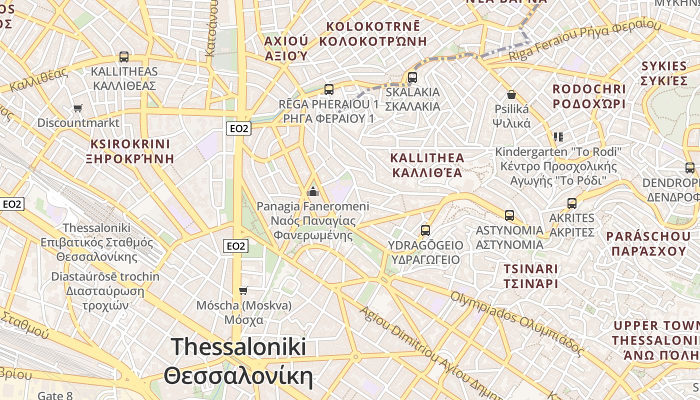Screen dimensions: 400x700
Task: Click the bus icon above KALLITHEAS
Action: coord(123,57)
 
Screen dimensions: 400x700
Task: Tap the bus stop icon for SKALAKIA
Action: coord(412,77)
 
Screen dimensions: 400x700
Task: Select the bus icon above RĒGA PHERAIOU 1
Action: coord(328,89)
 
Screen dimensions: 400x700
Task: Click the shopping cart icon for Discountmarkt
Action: coord(77,108)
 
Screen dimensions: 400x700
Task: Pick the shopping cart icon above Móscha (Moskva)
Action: coord(243,290)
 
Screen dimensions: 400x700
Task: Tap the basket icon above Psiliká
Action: coord(511,94)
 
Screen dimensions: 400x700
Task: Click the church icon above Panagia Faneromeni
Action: coord(313,191)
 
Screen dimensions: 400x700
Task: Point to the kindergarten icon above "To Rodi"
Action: coord(558,136)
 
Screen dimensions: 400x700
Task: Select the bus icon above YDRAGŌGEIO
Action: coord(425,230)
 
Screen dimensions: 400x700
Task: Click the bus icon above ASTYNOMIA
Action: coord(509,215)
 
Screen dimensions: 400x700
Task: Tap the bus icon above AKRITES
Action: coord(571,203)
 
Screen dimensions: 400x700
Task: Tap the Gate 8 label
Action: coord(55,395)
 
